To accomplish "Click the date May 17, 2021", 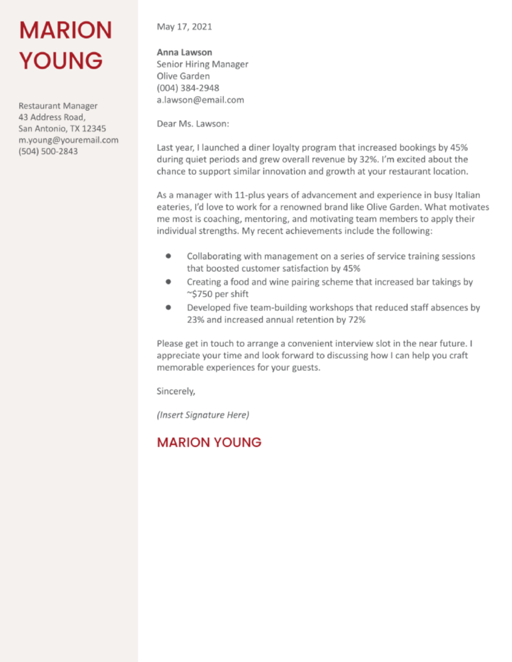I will pos(185,27).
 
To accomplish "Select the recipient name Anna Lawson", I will pos(185,52).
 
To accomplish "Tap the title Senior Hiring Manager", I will pos(202,64).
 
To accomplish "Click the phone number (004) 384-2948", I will pos(187,88).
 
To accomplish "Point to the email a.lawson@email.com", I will pos(200,100).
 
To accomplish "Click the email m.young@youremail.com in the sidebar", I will pos(68,140).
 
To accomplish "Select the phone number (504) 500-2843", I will pos(48,152).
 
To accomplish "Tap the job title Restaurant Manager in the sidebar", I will pos(58,105).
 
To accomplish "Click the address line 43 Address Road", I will pos(57,117).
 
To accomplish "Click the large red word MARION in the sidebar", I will pos(65,30).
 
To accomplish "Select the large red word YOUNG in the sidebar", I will pos(60,61).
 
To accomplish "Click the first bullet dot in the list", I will pos(169,256).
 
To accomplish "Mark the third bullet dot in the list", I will pos(169,308).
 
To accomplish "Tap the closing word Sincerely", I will pos(176,391).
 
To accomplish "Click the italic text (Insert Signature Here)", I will pos(203,415).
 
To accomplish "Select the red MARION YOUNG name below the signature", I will pos(209,442).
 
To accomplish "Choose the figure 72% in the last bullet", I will pos(355,320).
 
